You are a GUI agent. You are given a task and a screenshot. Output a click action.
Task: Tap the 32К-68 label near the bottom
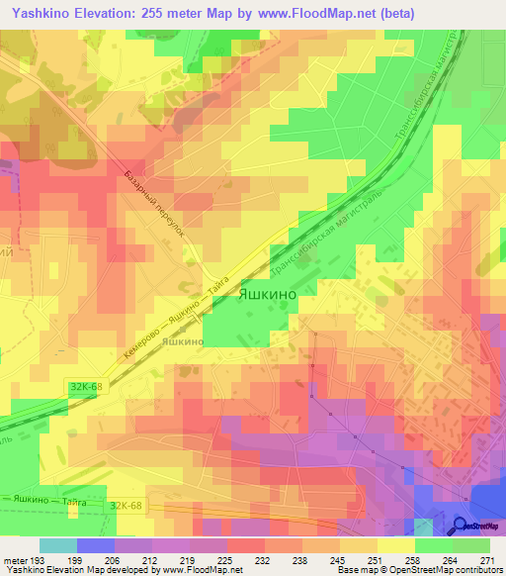pyautogui.click(x=126, y=505)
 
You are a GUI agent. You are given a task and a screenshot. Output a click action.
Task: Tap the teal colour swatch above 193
pyautogui.click(x=58, y=545)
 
